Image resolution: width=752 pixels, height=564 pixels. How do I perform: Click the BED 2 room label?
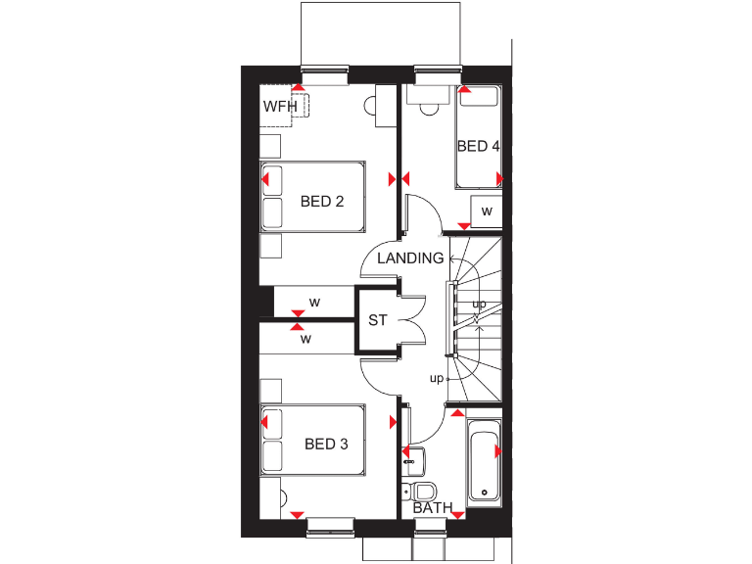(x=322, y=202)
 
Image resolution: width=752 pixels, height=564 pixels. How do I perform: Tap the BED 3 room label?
(x=326, y=444)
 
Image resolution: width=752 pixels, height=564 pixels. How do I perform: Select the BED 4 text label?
(x=478, y=146)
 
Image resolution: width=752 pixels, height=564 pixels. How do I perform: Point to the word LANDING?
(x=411, y=258)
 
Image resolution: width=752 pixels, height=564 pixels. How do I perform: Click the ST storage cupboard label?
(x=378, y=320)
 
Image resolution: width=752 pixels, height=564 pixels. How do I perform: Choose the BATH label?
(x=432, y=508)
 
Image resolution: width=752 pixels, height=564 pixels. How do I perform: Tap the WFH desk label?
(x=279, y=106)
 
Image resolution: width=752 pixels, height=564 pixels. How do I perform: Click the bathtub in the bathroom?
(x=484, y=461)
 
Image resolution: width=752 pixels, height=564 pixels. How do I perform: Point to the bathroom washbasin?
(x=412, y=456)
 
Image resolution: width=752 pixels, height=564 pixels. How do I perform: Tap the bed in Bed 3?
(x=312, y=441)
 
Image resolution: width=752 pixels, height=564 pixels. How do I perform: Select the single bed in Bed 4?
(x=478, y=137)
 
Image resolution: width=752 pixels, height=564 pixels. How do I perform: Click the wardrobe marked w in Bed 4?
(x=485, y=212)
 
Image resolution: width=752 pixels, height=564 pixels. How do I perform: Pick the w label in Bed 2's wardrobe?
(x=314, y=302)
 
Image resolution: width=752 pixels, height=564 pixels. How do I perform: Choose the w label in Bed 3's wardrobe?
(x=306, y=340)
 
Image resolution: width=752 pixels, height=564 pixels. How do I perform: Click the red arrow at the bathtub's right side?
(x=498, y=451)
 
